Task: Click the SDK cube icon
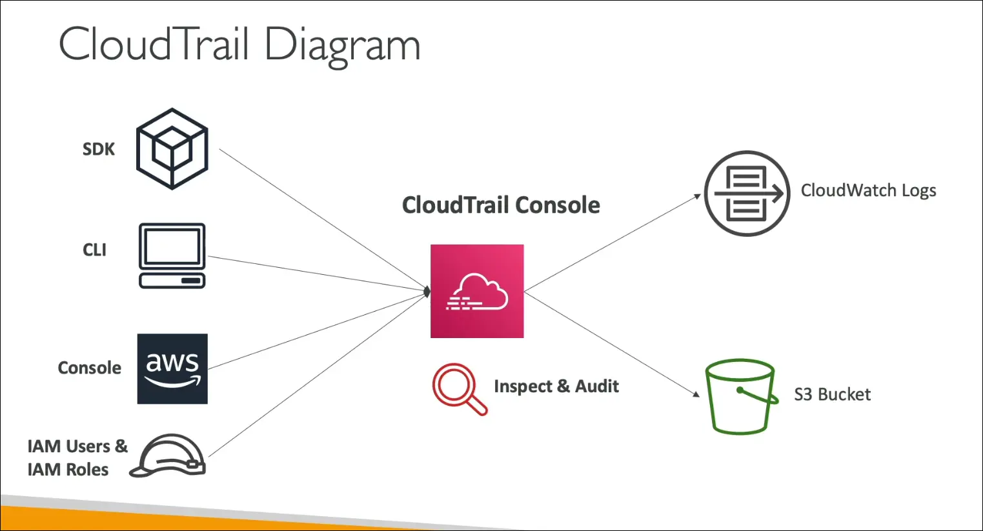click(x=172, y=148)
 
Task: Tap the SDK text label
click(x=98, y=149)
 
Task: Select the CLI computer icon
click(x=172, y=255)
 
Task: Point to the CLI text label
click(x=94, y=250)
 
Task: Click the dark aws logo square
click(x=172, y=368)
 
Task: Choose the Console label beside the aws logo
click(x=89, y=368)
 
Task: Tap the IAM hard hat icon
click(x=169, y=456)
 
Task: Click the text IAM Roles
click(x=68, y=470)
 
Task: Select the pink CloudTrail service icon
click(x=477, y=291)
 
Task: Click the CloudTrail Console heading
click(x=501, y=205)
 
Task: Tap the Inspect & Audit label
click(x=556, y=386)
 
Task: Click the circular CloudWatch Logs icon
click(x=747, y=194)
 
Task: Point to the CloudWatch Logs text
click(x=868, y=190)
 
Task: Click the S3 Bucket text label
click(x=832, y=394)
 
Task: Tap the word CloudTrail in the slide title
click(x=154, y=45)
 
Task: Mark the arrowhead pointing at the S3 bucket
click(x=696, y=394)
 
